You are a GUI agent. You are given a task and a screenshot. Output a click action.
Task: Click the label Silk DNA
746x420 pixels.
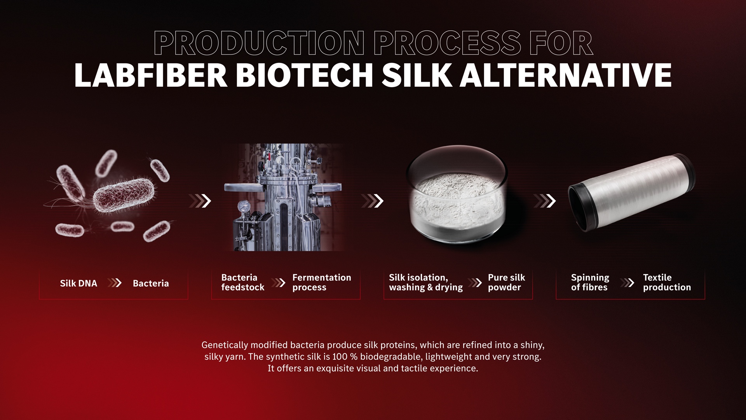(78, 283)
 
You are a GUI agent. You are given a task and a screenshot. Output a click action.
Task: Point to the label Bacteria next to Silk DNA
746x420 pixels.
(151, 283)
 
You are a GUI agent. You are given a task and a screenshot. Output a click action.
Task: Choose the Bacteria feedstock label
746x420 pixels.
(243, 282)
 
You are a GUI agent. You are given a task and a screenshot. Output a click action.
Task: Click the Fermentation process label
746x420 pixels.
(322, 282)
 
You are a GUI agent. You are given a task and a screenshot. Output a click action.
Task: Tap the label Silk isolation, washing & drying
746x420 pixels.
(426, 282)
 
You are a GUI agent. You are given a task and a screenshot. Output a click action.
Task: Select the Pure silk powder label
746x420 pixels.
(506, 282)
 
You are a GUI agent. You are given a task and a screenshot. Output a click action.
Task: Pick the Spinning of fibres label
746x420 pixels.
(590, 282)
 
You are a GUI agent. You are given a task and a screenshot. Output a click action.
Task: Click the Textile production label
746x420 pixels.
(667, 282)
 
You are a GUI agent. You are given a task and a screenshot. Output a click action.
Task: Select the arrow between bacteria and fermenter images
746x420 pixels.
(200, 201)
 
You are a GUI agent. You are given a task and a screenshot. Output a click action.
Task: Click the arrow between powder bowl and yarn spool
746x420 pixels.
(545, 201)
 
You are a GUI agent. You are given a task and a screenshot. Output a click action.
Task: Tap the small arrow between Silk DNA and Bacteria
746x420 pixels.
(115, 283)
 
